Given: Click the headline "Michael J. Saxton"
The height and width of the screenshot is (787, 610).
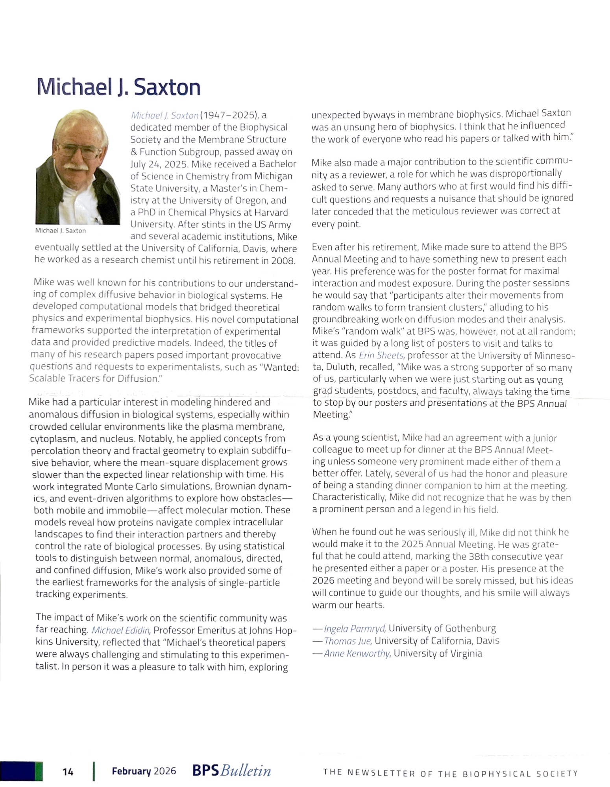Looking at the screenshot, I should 118,87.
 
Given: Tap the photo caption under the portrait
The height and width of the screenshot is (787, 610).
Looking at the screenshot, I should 60,231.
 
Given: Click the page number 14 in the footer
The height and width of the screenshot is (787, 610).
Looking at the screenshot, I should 68,772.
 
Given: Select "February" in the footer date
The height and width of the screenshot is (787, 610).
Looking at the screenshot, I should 131,771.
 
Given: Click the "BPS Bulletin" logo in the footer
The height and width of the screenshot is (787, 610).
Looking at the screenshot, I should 231,770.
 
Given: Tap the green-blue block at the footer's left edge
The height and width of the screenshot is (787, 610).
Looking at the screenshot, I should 21,771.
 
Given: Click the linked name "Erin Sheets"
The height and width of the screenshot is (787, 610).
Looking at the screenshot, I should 381,355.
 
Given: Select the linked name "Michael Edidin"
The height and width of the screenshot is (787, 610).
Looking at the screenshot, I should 120,630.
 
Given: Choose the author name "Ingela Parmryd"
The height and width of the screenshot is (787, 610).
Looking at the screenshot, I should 354,628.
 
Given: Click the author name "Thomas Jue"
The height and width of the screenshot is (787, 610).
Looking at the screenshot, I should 347,641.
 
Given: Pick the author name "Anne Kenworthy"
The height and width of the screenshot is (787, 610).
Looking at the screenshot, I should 357,654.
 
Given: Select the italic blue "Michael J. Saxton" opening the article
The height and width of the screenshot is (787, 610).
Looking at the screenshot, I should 165,116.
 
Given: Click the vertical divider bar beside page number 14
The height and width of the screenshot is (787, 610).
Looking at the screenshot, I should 94,771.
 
